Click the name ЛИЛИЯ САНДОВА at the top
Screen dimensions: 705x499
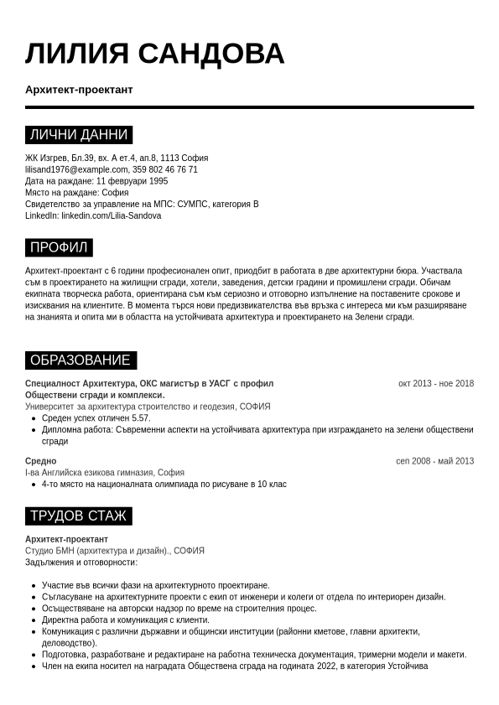click(154, 54)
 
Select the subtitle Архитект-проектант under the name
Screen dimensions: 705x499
click(79, 90)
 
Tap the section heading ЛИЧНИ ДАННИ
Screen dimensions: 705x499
click(79, 135)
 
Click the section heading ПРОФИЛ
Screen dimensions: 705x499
click(59, 247)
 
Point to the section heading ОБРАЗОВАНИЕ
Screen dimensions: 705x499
click(81, 360)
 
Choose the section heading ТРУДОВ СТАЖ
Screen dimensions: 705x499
click(78, 516)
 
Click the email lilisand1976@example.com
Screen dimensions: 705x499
click(76, 169)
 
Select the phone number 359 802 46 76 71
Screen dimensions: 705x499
click(165, 169)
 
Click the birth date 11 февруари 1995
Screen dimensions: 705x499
click(132, 181)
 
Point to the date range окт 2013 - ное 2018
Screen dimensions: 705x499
click(435, 384)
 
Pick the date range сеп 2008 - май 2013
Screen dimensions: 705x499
click(434, 461)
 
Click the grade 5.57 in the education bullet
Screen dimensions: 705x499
click(141, 418)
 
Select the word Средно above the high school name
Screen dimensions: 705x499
click(40, 461)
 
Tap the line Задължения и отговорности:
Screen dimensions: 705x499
click(81, 562)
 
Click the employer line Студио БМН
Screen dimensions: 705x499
click(115, 551)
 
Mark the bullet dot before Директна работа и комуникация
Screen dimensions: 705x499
click(33, 620)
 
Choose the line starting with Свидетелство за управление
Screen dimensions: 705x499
click(142, 204)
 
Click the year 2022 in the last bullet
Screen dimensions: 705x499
click(326, 666)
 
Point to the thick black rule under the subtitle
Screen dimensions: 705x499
click(249, 107)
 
